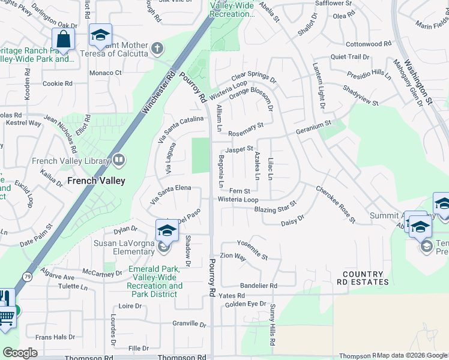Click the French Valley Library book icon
tap(119, 160)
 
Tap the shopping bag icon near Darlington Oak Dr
tap(62, 40)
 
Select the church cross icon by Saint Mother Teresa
tap(157, 48)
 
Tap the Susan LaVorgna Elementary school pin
tap(166, 231)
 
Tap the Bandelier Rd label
tap(258, 286)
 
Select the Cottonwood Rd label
tap(369, 44)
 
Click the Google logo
tap(20, 352)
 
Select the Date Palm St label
tap(36, 235)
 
